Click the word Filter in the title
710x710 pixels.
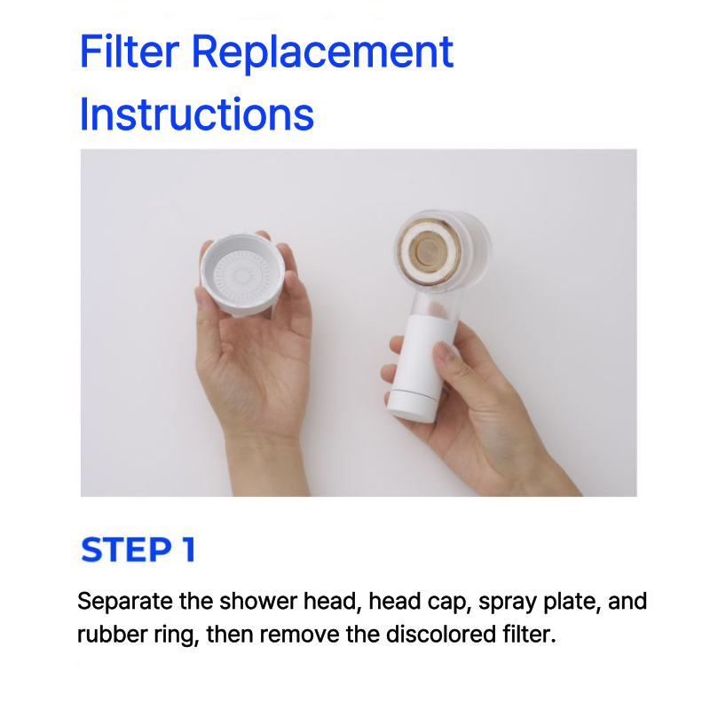pyautogui.click(x=130, y=51)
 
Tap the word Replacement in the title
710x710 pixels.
pyautogui.click(x=322, y=54)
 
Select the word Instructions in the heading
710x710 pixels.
pyautogui.click(x=196, y=114)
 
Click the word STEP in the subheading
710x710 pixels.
pyautogui.click(x=126, y=549)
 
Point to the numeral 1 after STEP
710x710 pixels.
pyautogui.click(x=189, y=549)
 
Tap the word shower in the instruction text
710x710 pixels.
pyautogui.click(x=258, y=602)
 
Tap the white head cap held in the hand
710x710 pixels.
pyautogui.click(x=242, y=274)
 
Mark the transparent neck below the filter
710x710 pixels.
pyautogui.click(x=435, y=304)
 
